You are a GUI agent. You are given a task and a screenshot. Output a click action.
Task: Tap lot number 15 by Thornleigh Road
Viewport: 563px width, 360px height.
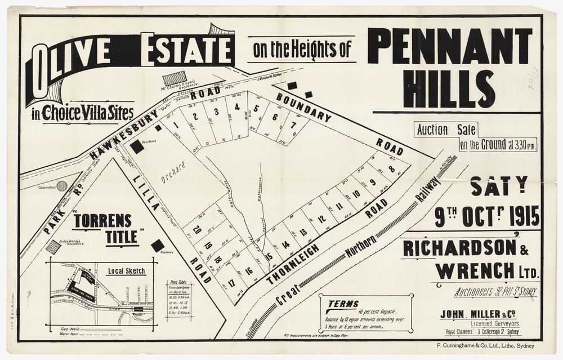click(x=269, y=256)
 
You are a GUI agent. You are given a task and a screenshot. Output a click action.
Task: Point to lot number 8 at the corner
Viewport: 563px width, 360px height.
click(x=391, y=168)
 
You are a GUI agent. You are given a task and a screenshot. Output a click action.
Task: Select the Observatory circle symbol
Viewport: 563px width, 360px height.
click(x=62, y=185)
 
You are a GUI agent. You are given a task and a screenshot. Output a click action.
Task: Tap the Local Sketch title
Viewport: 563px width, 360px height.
click(x=127, y=271)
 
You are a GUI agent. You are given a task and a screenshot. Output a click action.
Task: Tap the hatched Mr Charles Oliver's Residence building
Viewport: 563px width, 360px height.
click(x=175, y=78)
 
